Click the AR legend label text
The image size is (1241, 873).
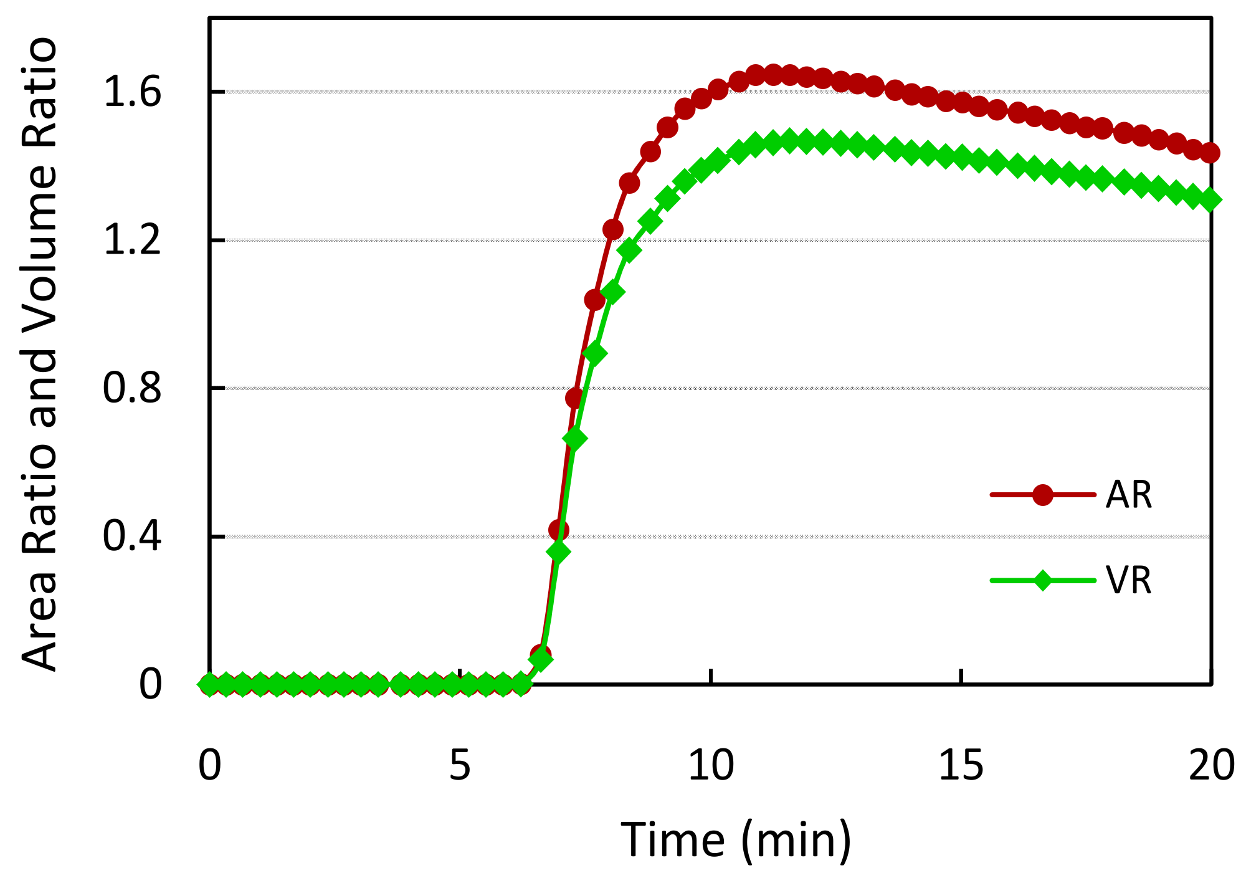pyautogui.click(x=1128, y=495)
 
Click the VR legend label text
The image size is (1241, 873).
pyautogui.click(x=1128, y=581)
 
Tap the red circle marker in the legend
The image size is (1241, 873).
pyautogui.click(x=1042, y=495)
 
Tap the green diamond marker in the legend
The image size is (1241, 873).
pyautogui.click(x=1042, y=581)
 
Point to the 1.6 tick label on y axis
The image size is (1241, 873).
pyautogui.click(x=132, y=92)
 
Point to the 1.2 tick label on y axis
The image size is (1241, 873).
pyautogui.click(x=132, y=241)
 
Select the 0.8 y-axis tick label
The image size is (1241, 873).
pyautogui.click(x=132, y=388)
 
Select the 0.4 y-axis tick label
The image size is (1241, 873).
pyautogui.click(x=132, y=537)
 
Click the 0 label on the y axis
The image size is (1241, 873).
pyautogui.click(x=150, y=684)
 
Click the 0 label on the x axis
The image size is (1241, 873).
pyautogui.click(x=210, y=765)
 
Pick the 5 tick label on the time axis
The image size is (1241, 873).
pyautogui.click(x=460, y=765)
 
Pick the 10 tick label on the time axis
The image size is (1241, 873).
pyautogui.click(x=711, y=765)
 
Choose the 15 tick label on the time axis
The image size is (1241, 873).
pyautogui.click(x=961, y=765)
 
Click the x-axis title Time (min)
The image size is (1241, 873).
pyautogui.click(x=736, y=840)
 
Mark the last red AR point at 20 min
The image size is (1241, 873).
pyautogui.click(x=1210, y=152)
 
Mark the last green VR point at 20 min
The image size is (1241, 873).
pyautogui.click(x=1210, y=200)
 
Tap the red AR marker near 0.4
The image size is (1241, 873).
pyautogui.click(x=559, y=530)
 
